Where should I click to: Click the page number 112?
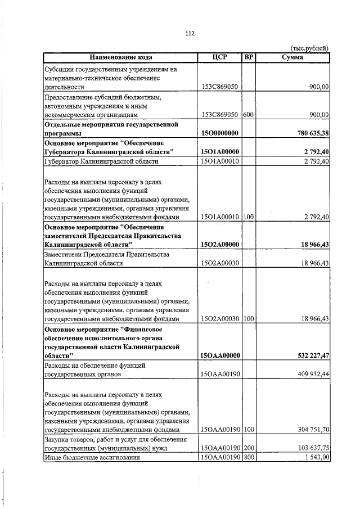(x=190, y=34)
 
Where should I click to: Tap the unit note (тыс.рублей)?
(x=309, y=48)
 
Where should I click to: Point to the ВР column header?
(x=249, y=57)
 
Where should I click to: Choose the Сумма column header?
(x=292, y=57)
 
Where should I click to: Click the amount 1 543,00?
(x=315, y=457)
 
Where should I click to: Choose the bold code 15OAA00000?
(x=220, y=355)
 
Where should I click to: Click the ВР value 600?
(x=249, y=115)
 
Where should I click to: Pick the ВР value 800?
(x=249, y=457)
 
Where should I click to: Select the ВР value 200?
(x=249, y=448)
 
